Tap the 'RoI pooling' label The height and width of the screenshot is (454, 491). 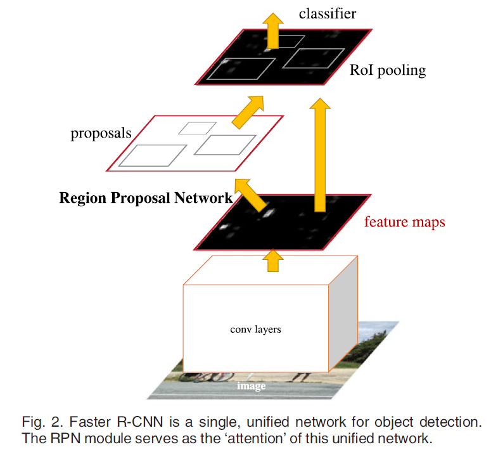pos(388,70)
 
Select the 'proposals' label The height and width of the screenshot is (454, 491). pos(101,133)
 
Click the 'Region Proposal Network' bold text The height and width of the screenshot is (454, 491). pos(146,198)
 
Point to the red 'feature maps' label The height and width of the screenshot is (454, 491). pos(404,223)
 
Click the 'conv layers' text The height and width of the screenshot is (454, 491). pos(255,329)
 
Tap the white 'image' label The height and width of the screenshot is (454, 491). pos(251,386)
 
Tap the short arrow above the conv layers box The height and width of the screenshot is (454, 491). pos(274,260)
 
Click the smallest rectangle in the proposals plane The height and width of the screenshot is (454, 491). pos(189,128)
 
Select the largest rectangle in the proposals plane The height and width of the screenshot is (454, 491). pos(153,155)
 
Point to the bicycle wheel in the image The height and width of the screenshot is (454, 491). pos(193,378)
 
